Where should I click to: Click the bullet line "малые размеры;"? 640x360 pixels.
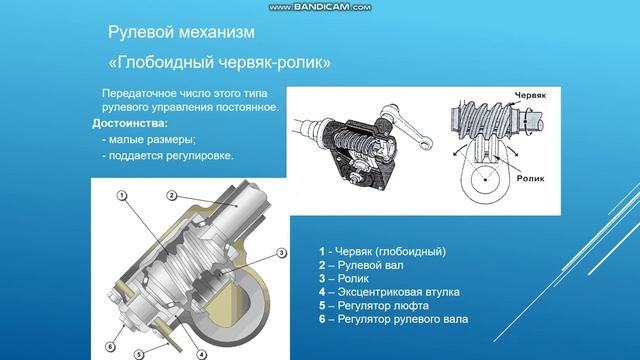tap(153, 140)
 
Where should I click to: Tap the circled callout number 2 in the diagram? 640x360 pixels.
tap(171, 194)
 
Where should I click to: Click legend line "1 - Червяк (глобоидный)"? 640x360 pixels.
tap(382, 250)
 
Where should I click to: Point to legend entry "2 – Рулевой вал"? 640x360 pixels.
tap(361, 264)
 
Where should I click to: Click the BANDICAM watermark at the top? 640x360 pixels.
tap(320, 7)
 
